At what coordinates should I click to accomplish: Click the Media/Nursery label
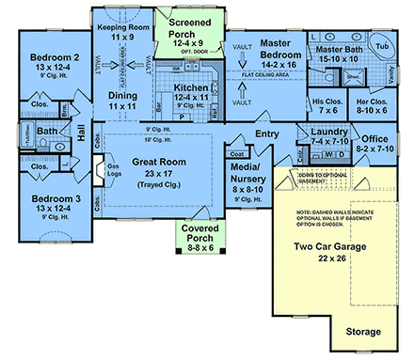(247, 168)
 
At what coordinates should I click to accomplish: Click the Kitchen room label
(191, 88)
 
